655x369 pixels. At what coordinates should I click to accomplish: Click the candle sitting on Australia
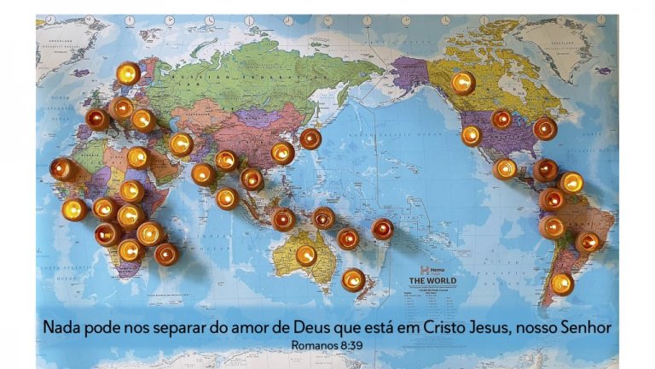pyautogui.click(x=306, y=255)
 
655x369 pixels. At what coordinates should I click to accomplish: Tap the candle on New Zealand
pyautogui.click(x=353, y=279)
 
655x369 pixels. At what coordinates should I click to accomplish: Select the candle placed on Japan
pyautogui.click(x=310, y=138)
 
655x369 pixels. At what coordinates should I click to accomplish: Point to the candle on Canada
pyautogui.click(x=463, y=83)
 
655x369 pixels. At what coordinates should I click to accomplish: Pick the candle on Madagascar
pyautogui.click(x=166, y=253)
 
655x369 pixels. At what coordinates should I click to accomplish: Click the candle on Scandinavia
pyautogui.click(x=128, y=73)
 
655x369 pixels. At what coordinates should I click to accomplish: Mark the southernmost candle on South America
pyautogui.click(x=561, y=283)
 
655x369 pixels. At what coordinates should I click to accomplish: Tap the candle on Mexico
pyautogui.click(x=505, y=168)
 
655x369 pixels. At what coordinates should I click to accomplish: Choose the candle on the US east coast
pyautogui.click(x=545, y=129)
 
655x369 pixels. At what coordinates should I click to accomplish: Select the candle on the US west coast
pyautogui.click(x=472, y=135)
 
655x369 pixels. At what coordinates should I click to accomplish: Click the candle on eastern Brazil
pyautogui.click(x=587, y=243)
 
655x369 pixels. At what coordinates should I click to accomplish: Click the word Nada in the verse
pyautogui.click(x=64, y=328)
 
